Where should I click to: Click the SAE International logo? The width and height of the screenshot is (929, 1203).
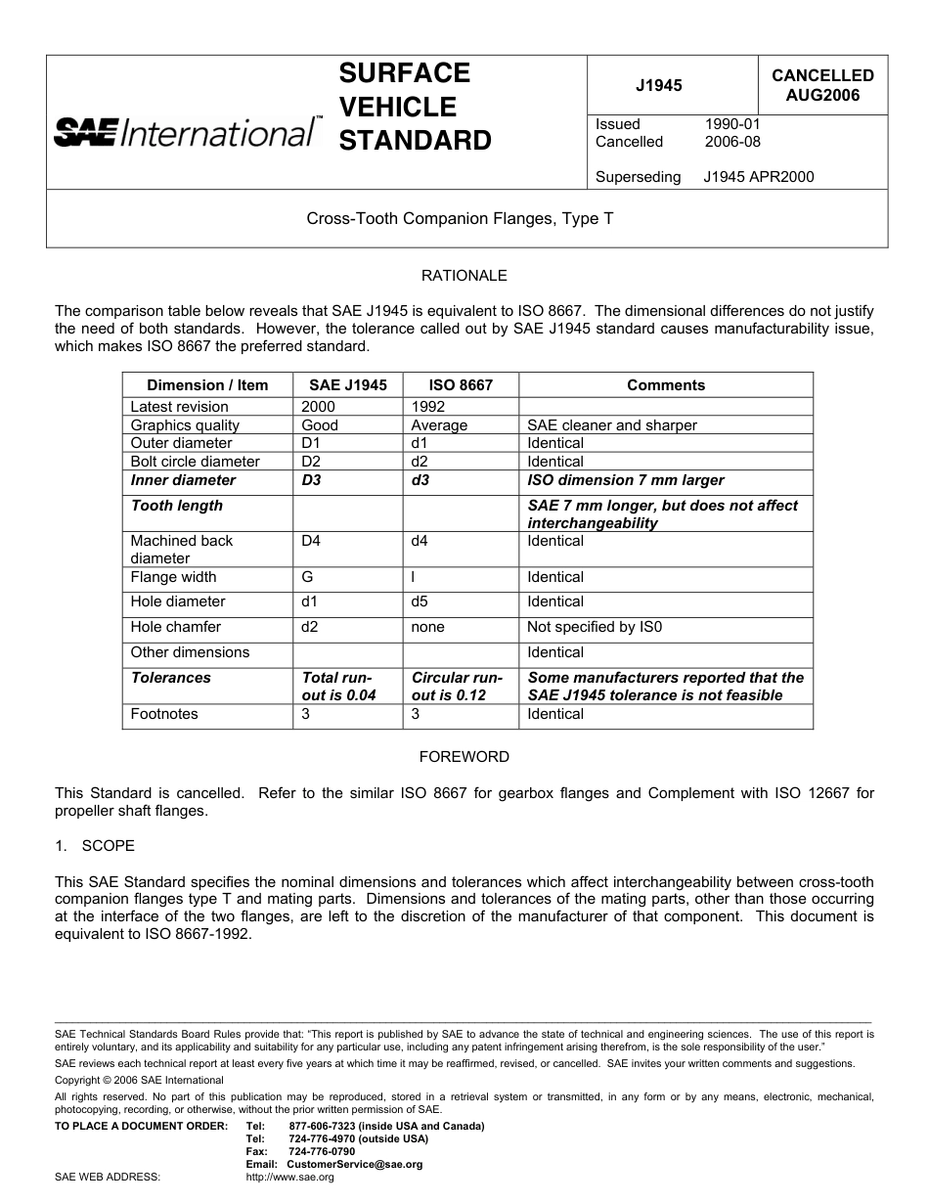[x=186, y=131]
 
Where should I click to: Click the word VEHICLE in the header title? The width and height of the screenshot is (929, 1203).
[x=397, y=107]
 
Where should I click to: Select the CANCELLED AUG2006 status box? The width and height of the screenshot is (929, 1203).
[x=822, y=85]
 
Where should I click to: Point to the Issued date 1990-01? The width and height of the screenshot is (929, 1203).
[x=731, y=124]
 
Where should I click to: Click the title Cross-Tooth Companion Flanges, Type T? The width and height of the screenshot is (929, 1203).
[x=460, y=219]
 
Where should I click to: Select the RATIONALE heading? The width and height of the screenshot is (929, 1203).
[x=464, y=276]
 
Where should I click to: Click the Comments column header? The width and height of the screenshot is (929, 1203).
[x=665, y=385]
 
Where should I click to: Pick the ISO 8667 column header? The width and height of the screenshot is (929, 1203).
[x=461, y=385]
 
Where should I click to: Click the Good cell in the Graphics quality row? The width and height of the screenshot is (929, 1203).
[x=320, y=425]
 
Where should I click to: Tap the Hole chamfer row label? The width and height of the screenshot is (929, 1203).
[x=176, y=627]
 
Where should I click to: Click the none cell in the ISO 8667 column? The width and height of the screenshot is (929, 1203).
[x=427, y=627]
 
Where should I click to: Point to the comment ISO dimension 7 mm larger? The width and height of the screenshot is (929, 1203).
[x=626, y=480]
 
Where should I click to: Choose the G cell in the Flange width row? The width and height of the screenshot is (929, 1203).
[x=307, y=577]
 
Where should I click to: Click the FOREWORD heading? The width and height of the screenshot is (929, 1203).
[x=464, y=757]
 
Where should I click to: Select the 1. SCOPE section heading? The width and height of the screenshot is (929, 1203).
[x=95, y=845]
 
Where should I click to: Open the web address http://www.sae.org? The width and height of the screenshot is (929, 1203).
[x=289, y=1178]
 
